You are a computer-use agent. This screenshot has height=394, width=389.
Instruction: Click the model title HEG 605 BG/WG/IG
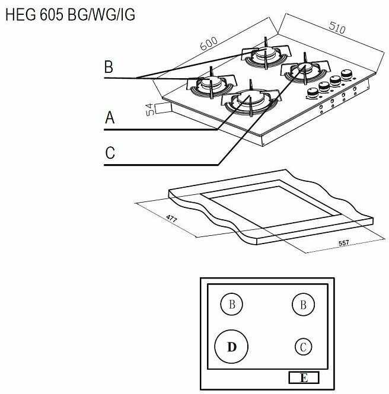tap(70, 15)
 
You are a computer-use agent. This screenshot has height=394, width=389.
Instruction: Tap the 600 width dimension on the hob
tap(209, 43)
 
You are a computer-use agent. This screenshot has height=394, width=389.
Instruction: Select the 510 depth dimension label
tap(337, 28)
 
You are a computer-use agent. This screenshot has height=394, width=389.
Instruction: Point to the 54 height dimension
tap(150, 109)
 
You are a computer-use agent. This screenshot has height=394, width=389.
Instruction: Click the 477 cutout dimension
tap(172, 219)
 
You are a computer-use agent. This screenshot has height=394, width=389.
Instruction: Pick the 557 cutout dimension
tap(344, 243)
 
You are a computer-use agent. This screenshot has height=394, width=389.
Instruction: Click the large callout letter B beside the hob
tap(109, 66)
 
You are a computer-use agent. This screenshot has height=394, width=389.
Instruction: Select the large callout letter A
tap(110, 117)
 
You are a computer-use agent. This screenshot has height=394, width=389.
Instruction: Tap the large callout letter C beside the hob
tap(110, 152)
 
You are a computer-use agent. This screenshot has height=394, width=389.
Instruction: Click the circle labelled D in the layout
tap(231, 347)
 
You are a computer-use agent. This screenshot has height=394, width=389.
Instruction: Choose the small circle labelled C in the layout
tap(303, 347)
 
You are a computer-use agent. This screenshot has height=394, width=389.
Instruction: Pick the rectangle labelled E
tap(304, 377)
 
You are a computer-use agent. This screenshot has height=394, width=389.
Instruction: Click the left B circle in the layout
tap(232, 304)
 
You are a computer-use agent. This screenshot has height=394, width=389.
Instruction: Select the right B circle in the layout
tap(303, 305)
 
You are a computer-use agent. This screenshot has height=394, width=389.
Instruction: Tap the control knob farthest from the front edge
tap(347, 75)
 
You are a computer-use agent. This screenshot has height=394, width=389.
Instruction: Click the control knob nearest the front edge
tap(313, 92)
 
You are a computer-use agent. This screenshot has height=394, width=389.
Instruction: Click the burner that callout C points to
tap(305, 71)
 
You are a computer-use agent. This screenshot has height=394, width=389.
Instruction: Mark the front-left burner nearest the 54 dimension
tap(212, 84)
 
